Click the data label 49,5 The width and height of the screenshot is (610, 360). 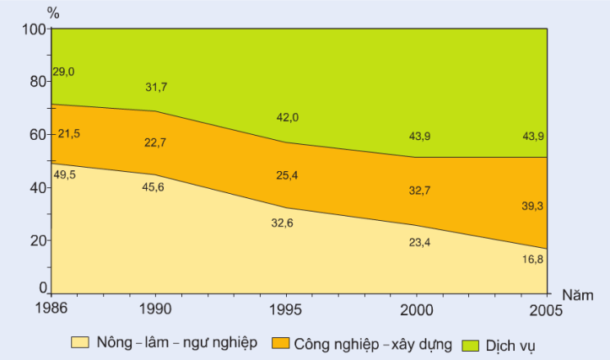coord(65,175)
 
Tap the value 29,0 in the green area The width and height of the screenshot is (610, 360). coord(63,72)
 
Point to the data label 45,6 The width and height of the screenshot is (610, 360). coord(154,187)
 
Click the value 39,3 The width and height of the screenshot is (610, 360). coord(532,205)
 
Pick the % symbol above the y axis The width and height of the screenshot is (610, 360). coord(53,12)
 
